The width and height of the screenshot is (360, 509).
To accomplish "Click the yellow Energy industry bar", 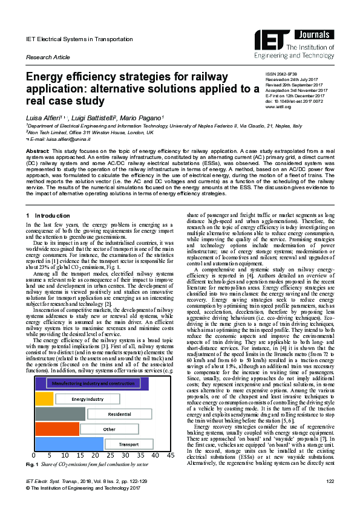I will click(x=45, y=399).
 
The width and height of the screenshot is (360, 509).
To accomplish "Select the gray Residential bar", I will click(x=61, y=414).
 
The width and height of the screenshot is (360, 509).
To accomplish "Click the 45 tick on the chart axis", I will click(x=171, y=455).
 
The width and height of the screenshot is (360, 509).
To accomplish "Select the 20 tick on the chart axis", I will click(x=94, y=455).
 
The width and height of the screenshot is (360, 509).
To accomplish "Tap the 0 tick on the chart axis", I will click(x=34, y=455).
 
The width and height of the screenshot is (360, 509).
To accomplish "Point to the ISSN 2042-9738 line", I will click(x=283, y=74).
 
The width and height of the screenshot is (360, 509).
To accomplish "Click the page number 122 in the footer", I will click(x=330, y=498).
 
